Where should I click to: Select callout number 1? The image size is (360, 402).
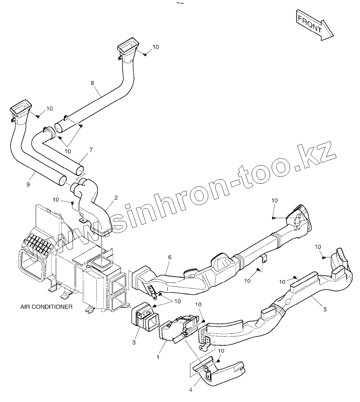tap(158, 357)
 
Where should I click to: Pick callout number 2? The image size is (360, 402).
tap(116, 198)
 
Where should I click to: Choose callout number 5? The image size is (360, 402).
tap(325, 309)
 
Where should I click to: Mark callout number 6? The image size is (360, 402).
tap(169, 257)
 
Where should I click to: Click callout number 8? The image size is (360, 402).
tap(93, 83)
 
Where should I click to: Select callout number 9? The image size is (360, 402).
tap(28, 185)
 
